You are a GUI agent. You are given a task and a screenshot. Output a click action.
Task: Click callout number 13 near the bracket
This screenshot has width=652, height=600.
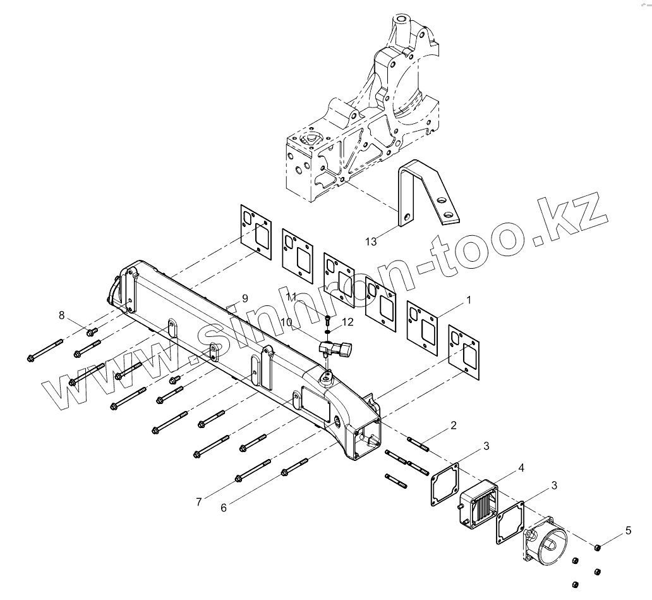371,241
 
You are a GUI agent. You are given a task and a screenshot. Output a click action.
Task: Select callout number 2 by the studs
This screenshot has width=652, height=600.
454,426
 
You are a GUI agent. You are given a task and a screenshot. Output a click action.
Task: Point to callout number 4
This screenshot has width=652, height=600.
521,468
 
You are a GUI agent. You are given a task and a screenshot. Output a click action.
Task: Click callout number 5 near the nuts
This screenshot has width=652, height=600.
628,530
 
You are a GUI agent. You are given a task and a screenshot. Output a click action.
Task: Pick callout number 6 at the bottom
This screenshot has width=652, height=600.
224,507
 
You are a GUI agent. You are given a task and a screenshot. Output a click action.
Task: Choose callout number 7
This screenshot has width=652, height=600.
198,501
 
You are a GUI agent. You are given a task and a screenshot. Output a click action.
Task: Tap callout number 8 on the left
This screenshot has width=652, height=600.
62,315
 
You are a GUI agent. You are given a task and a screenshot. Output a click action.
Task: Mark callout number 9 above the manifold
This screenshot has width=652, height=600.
244,298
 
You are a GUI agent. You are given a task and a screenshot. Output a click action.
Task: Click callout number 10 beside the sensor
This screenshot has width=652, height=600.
286,322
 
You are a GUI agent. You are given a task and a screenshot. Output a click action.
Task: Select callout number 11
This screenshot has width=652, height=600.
291,297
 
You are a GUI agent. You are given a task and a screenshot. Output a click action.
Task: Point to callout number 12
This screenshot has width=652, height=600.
348,322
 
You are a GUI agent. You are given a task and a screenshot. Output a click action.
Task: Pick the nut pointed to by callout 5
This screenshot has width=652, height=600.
597,546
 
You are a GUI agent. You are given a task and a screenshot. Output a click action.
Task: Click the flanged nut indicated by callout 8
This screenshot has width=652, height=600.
92,331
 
